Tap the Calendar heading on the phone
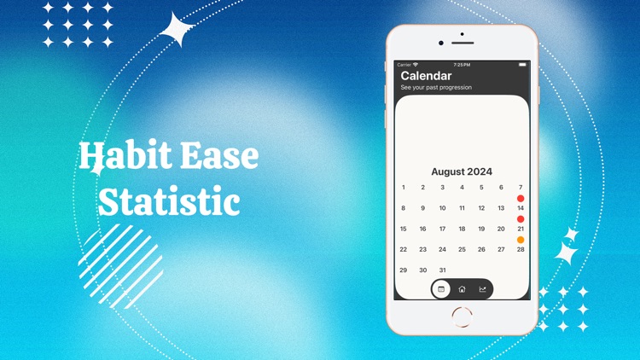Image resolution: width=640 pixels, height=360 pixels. click(x=426, y=76)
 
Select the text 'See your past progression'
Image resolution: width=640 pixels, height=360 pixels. click(x=436, y=88)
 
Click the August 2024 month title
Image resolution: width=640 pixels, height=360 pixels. click(x=462, y=171)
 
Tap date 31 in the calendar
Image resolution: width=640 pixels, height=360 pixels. click(x=442, y=270)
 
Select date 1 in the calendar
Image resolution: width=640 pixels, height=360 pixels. click(x=404, y=188)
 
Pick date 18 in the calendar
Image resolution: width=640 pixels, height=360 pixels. click(x=462, y=229)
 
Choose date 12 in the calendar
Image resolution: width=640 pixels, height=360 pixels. click(x=481, y=208)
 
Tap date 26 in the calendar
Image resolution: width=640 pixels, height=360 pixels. click(x=481, y=250)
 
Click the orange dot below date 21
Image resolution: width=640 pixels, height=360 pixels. click(x=521, y=240)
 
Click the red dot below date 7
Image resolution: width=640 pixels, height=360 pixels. click(x=521, y=199)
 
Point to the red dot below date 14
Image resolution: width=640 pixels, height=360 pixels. click(x=521, y=219)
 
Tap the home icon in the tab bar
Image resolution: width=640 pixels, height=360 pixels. click(x=462, y=289)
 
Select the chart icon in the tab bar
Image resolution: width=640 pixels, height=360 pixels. click(x=482, y=289)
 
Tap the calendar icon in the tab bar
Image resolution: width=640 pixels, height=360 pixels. click(x=441, y=289)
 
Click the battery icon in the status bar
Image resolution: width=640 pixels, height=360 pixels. click(x=522, y=65)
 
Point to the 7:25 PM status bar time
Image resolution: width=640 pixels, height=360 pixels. click(x=462, y=65)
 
